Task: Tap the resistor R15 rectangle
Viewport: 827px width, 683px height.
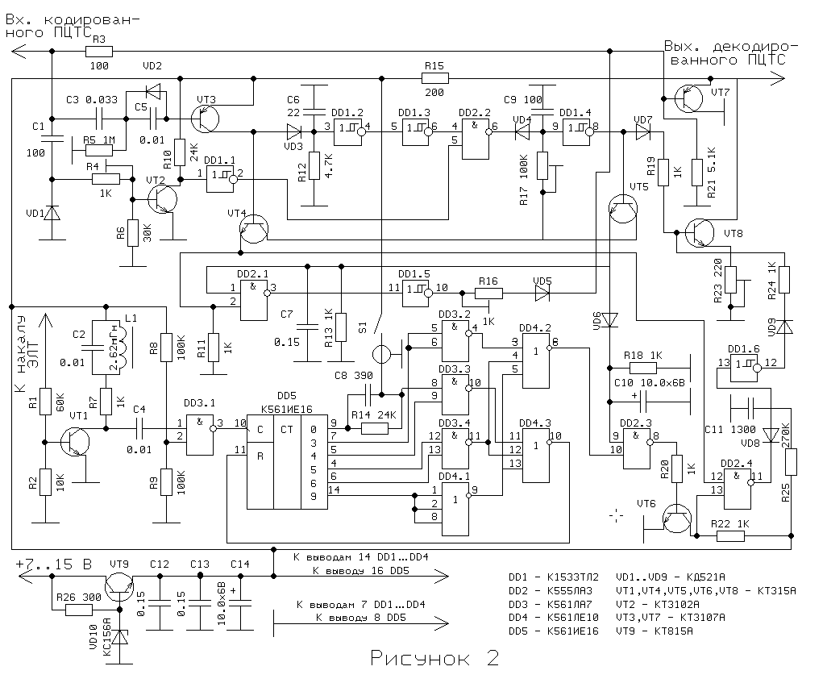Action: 433,78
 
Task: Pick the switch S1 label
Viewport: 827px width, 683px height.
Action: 362,328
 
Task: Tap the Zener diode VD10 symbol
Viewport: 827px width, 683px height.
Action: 121,637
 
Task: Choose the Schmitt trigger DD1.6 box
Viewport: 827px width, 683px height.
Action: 744,366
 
